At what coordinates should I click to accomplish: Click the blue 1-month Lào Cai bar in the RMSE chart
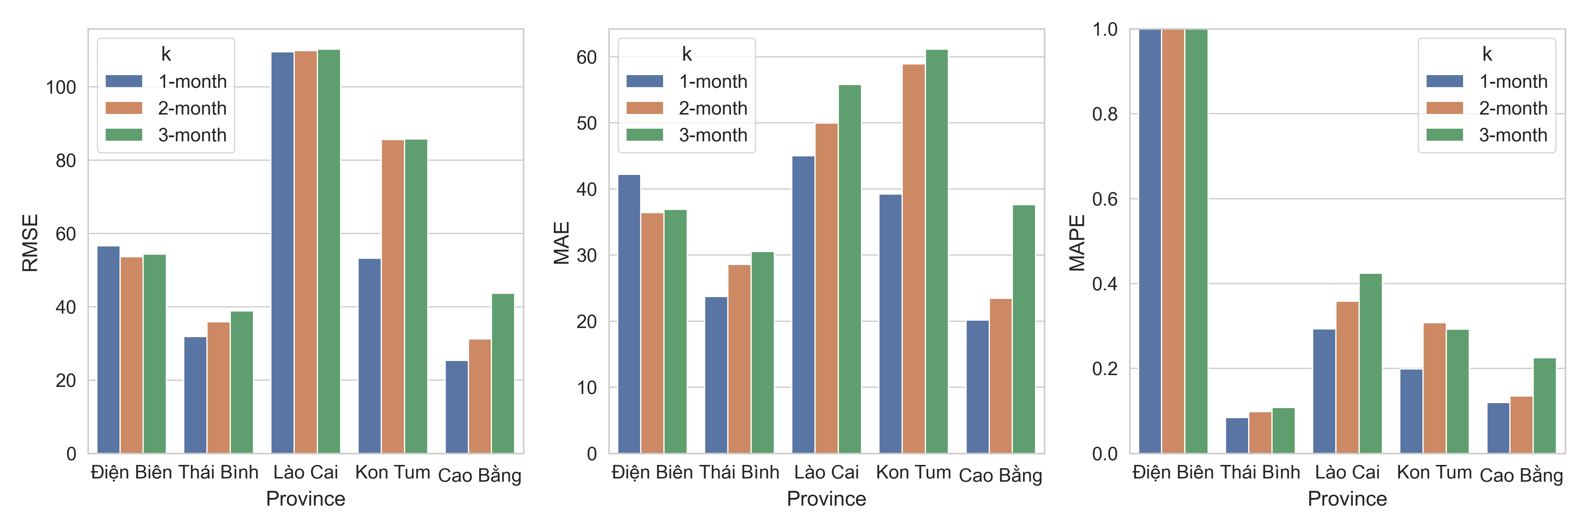pyautogui.click(x=282, y=253)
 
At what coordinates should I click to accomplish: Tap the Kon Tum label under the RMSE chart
pyautogui.click(x=392, y=473)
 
